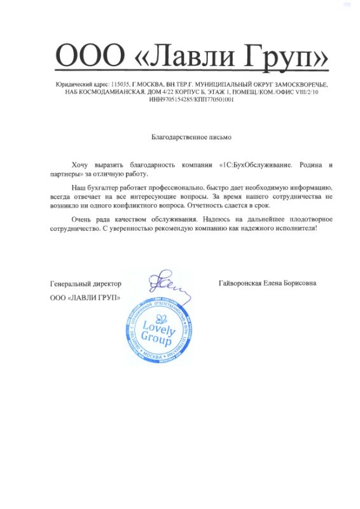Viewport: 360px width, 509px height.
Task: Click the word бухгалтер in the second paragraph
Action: pos(98,189)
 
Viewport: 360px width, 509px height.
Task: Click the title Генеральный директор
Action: pos(85,283)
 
